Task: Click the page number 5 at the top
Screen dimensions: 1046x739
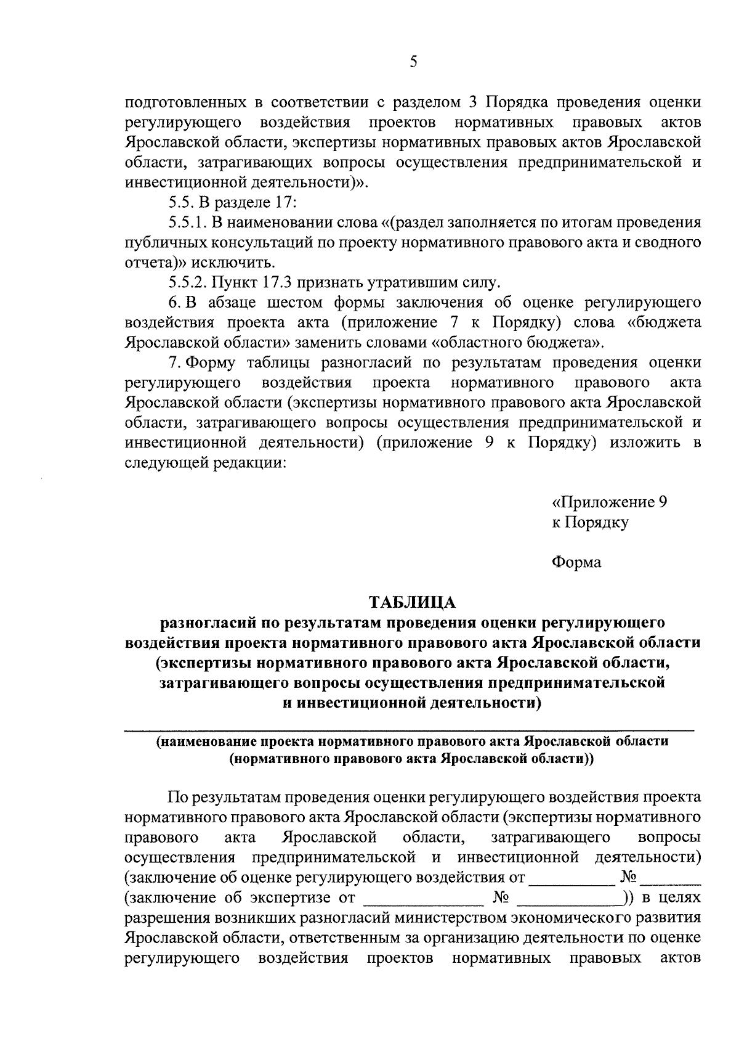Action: [413, 61]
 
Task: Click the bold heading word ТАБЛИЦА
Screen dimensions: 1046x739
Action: [412, 602]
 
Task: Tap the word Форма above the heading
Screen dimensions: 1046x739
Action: [576, 562]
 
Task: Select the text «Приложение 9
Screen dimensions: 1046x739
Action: [609, 502]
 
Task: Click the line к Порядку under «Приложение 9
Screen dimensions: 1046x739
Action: [590, 522]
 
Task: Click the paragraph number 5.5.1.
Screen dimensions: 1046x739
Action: [187, 222]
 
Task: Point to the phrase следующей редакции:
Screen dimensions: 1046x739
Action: [206, 463]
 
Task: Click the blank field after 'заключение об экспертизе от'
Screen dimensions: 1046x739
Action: [422, 898]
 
